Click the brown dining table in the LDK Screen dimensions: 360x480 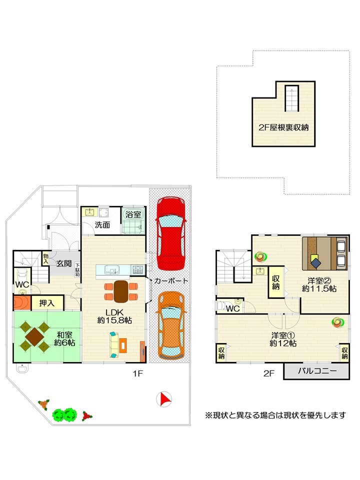[x=121, y=291]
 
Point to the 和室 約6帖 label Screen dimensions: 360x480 [x=64, y=338]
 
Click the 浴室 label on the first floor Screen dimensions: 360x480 [x=133, y=214]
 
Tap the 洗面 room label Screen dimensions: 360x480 [x=102, y=225]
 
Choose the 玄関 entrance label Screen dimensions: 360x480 [x=64, y=263]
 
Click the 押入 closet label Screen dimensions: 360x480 [x=47, y=303]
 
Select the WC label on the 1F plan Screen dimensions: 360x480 [x=22, y=284]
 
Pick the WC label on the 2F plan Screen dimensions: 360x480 [x=232, y=308]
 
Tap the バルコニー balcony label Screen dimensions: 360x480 [x=317, y=370]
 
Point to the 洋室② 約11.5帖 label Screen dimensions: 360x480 [x=319, y=284]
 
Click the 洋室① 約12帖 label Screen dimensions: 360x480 [x=283, y=339]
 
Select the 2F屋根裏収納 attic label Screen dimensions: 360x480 [x=283, y=127]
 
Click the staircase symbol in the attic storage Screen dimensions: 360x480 [x=291, y=98]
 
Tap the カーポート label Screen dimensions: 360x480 [x=171, y=280]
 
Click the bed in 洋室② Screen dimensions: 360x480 [x=324, y=253]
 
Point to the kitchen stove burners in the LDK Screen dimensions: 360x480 [x=137, y=269]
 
